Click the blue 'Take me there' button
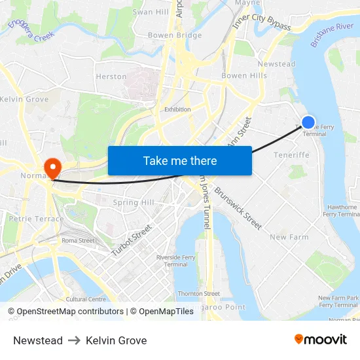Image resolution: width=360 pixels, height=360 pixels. point(179,160)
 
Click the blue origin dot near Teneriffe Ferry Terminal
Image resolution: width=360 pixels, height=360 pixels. point(308,122)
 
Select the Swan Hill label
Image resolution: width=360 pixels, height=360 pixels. point(151,12)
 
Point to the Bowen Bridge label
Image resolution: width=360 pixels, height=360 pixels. point(175,35)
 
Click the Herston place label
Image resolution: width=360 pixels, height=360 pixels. point(111,77)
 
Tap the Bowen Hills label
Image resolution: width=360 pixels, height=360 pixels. point(244,76)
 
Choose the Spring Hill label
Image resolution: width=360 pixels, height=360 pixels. point(134,202)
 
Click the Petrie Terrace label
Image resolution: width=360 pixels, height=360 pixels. point(37,219)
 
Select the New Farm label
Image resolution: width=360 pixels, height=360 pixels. point(289,237)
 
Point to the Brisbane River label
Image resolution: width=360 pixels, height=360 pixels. point(332,35)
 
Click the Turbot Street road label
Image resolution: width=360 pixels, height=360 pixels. point(132,241)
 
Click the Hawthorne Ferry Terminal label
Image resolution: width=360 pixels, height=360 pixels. point(341,210)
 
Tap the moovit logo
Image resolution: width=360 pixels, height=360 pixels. point(320,340)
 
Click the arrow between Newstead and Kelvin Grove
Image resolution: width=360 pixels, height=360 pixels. point(74,340)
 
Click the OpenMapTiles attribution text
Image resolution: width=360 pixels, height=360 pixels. point(162,312)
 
